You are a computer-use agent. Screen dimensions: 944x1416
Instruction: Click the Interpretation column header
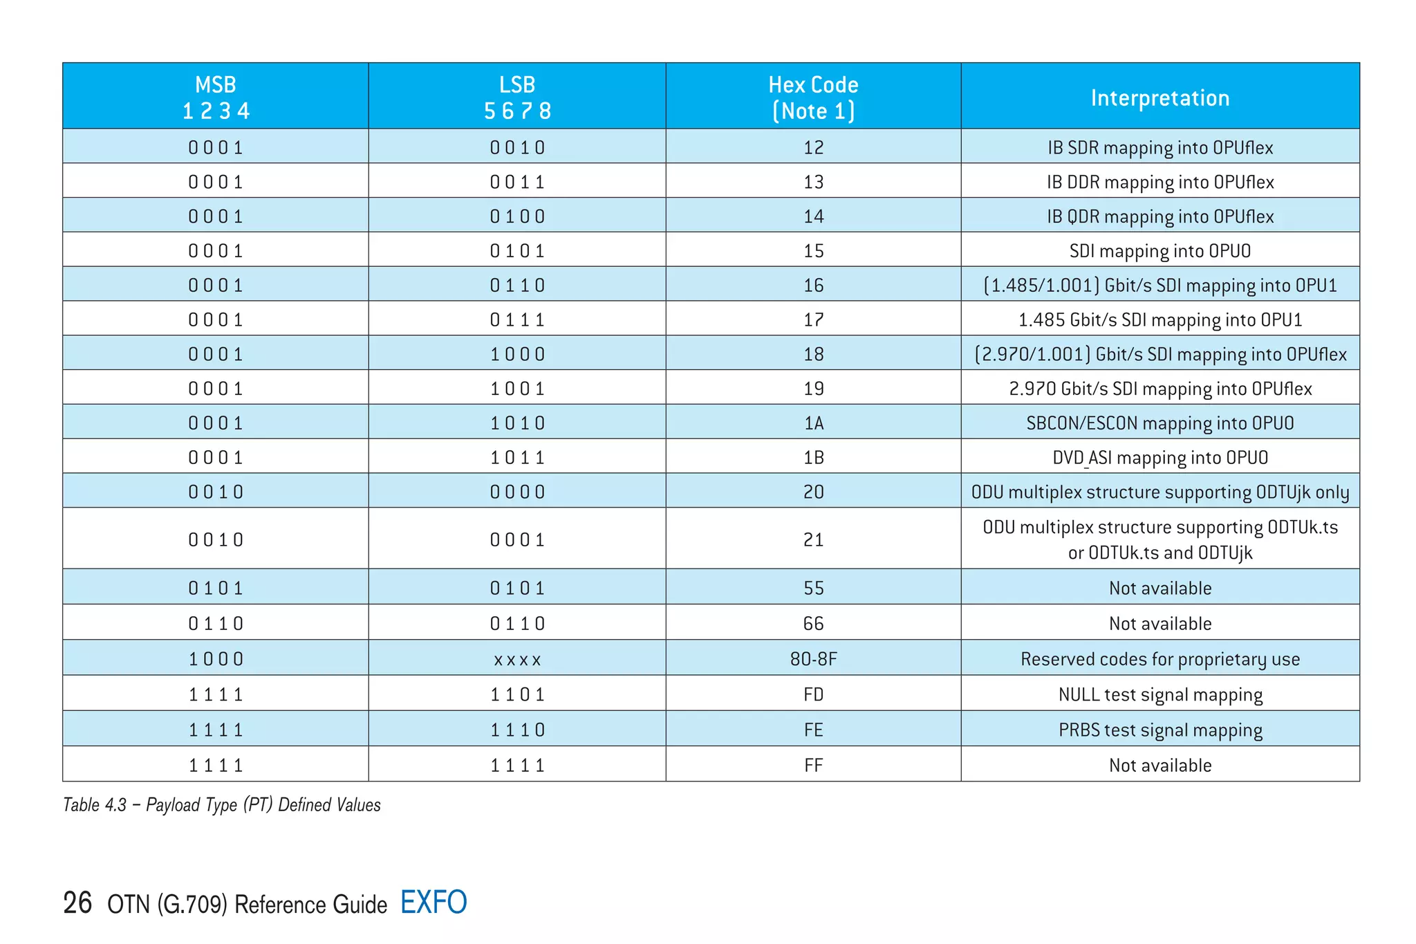(1159, 98)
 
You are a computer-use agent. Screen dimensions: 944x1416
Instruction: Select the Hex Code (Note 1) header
(813, 98)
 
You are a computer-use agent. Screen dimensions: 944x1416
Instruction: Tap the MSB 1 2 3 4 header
(216, 98)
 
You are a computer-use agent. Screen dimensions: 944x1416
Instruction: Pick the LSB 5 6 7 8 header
(517, 98)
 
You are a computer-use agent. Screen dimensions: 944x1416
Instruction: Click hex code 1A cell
(813, 423)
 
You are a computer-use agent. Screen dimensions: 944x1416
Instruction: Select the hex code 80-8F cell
(813, 658)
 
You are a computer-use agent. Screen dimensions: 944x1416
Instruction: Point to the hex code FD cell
(813, 694)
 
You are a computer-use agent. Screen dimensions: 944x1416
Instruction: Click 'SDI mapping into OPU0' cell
(1159, 250)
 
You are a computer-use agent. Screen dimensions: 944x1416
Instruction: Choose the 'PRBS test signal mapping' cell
(1159, 730)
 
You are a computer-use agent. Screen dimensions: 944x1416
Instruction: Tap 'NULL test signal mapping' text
(1159, 694)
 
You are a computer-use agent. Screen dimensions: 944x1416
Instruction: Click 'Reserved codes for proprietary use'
(1159, 658)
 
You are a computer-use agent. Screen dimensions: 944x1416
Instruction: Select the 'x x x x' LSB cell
(517, 659)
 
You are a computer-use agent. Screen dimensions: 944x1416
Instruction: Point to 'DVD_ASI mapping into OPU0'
(1159, 457)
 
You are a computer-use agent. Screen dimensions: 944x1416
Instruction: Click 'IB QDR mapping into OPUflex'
(1159, 216)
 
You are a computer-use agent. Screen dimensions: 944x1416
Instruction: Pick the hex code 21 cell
(813, 539)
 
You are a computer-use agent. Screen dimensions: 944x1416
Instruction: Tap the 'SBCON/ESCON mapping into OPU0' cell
(1159, 423)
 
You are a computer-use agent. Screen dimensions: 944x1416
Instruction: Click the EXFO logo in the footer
(434, 903)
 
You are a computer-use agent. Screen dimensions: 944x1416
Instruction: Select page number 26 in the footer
(77, 903)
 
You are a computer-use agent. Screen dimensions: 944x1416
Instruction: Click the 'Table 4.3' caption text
(221, 804)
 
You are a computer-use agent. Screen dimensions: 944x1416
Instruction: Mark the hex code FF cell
(813, 765)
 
